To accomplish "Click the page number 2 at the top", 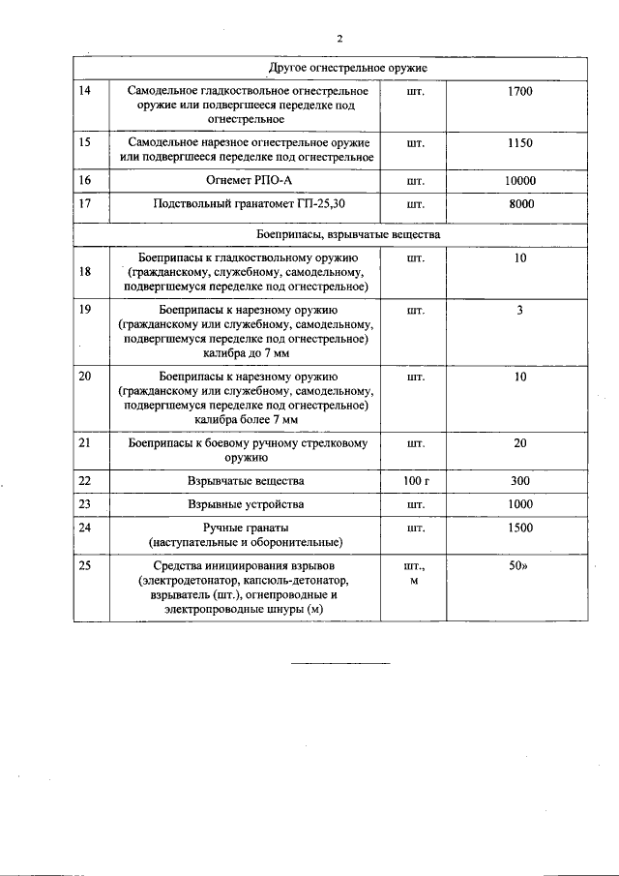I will [x=339, y=39].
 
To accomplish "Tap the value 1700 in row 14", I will [x=519, y=91].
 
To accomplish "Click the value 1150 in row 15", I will [x=519, y=142].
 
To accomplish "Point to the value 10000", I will [x=519, y=180].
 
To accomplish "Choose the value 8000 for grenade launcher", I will [x=520, y=204].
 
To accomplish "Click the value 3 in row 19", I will [x=519, y=311].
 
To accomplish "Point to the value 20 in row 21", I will [x=520, y=442].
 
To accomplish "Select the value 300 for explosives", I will [x=519, y=480].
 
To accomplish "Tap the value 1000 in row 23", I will [x=519, y=504].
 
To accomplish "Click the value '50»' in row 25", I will [x=520, y=565].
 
